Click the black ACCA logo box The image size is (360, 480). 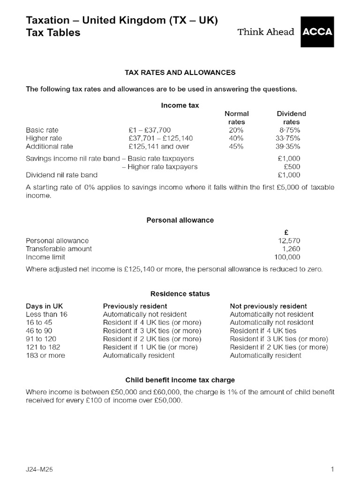[317, 32]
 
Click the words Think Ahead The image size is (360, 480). [266, 32]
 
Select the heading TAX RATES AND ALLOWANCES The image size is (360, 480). [180, 73]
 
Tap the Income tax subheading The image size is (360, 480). [180, 105]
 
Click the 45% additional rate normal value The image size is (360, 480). [236, 146]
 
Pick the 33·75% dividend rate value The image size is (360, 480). [287, 138]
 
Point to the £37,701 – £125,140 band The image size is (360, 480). [160, 138]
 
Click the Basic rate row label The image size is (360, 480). [42, 130]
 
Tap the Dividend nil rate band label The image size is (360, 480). [61, 175]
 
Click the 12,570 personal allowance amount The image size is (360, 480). [289, 241]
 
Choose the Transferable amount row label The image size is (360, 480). [59, 249]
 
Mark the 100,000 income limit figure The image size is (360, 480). [287, 257]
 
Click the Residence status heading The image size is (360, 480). [180, 293]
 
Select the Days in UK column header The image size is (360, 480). [44, 306]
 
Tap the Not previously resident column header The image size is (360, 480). [268, 306]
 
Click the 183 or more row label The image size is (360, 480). [45, 355]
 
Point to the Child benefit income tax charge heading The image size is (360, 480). [180, 380]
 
